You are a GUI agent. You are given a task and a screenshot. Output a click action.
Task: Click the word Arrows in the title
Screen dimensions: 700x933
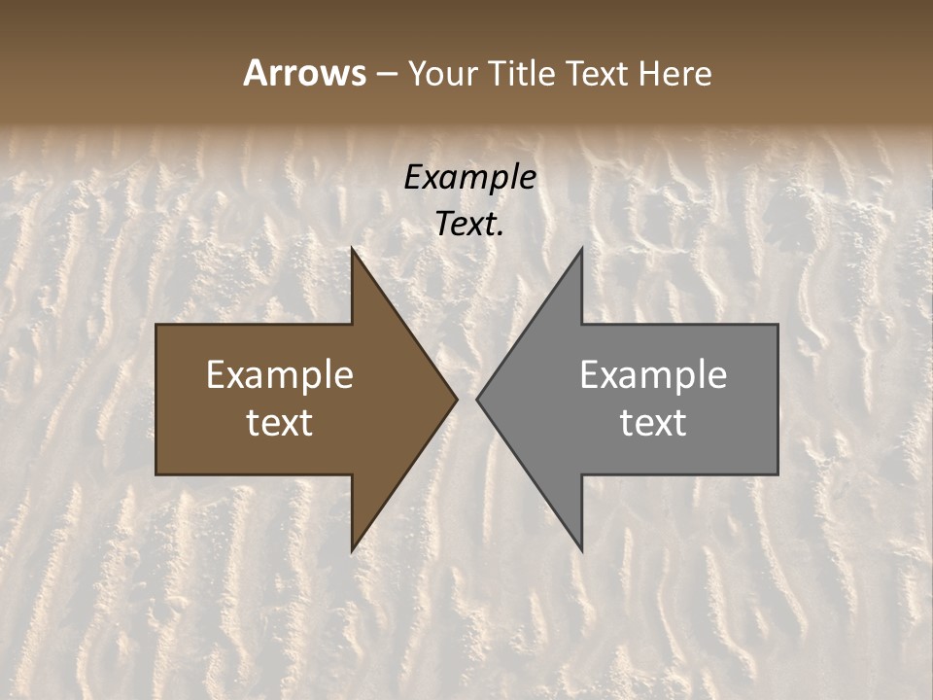[304, 73]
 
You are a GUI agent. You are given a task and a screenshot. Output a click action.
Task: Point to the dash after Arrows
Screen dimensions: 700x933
[387, 74]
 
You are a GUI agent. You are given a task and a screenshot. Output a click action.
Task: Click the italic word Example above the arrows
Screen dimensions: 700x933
[470, 177]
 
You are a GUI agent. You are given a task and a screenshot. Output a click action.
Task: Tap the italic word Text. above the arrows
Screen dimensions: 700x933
[470, 225]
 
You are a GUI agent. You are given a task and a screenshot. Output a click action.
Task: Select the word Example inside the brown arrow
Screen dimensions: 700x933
[280, 375]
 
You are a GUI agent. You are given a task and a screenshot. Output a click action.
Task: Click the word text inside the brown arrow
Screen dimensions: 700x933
[280, 423]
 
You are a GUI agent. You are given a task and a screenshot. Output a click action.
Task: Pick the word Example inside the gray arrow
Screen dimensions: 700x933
[653, 375]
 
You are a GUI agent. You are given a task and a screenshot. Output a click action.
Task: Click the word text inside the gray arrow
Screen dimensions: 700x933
[653, 423]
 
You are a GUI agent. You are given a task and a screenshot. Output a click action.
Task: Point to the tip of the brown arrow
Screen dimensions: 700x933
[455, 399]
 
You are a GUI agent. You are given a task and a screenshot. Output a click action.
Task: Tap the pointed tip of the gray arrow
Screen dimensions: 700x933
[479, 399]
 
